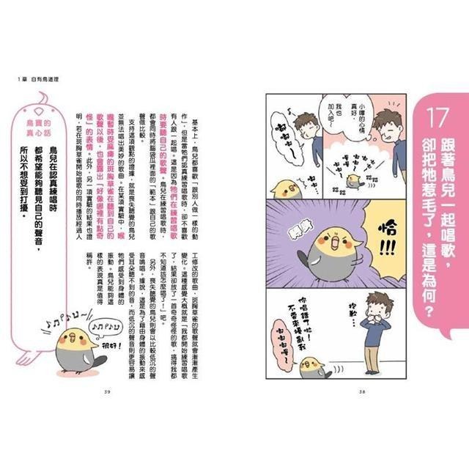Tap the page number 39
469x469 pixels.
click(x=107, y=391)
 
